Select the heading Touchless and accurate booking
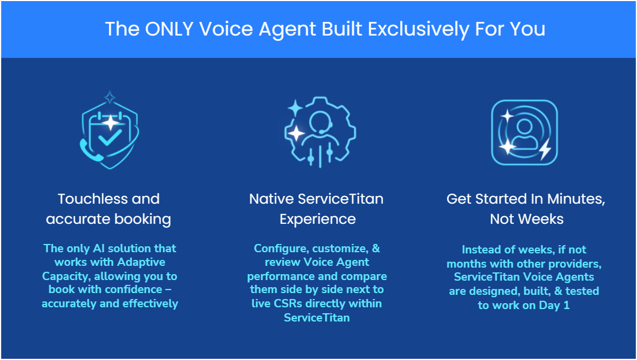109,208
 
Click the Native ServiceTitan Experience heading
316,208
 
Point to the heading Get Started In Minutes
526,199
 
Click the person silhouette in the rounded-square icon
525,133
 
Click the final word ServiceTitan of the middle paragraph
317,317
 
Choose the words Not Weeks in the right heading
526,219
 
